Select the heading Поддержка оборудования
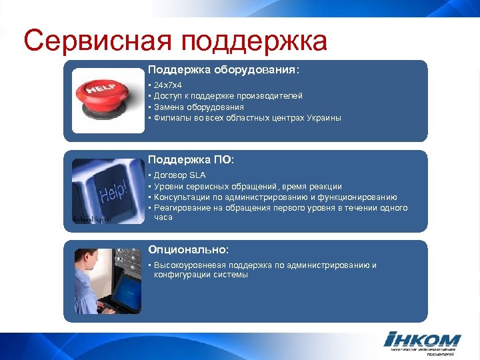[x=223, y=69]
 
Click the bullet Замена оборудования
[x=199, y=107]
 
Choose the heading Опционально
[x=188, y=249]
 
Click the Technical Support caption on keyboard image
[x=93, y=219]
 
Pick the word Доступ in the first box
[x=167, y=97]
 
